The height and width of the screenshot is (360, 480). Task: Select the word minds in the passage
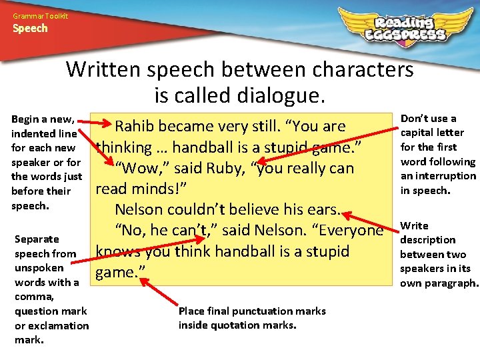[x=161, y=188]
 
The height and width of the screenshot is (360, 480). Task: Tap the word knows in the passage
[x=115, y=251]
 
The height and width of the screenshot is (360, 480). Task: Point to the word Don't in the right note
[x=415, y=119]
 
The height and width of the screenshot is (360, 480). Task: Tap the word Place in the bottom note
[x=191, y=311]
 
